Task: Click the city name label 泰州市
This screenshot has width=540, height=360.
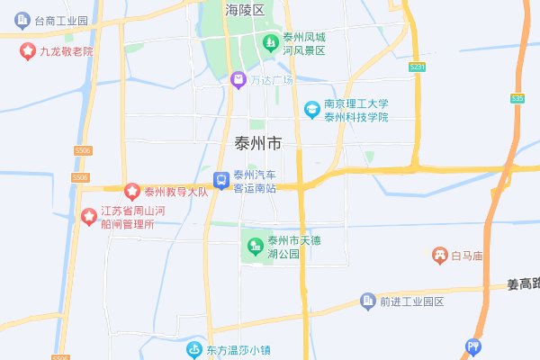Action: click(x=257, y=143)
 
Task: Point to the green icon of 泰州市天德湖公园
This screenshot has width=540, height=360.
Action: click(x=255, y=245)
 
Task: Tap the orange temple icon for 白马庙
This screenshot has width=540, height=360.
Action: click(x=440, y=256)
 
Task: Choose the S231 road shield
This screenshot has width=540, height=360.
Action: click(x=417, y=67)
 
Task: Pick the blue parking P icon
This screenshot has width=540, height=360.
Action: click(x=473, y=346)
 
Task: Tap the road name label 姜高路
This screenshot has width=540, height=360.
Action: click(x=523, y=284)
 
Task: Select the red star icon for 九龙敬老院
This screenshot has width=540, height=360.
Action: click(x=28, y=51)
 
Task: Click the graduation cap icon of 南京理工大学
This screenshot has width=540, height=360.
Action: click(x=311, y=109)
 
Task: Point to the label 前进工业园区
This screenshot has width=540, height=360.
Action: click(x=412, y=301)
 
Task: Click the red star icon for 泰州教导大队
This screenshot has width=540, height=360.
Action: click(x=132, y=191)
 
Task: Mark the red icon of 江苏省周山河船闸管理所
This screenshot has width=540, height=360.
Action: click(x=89, y=216)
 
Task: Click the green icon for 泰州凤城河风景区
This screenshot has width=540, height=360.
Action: click(x=269, y=42)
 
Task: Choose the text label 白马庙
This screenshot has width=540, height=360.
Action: click(x=469, y=256)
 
